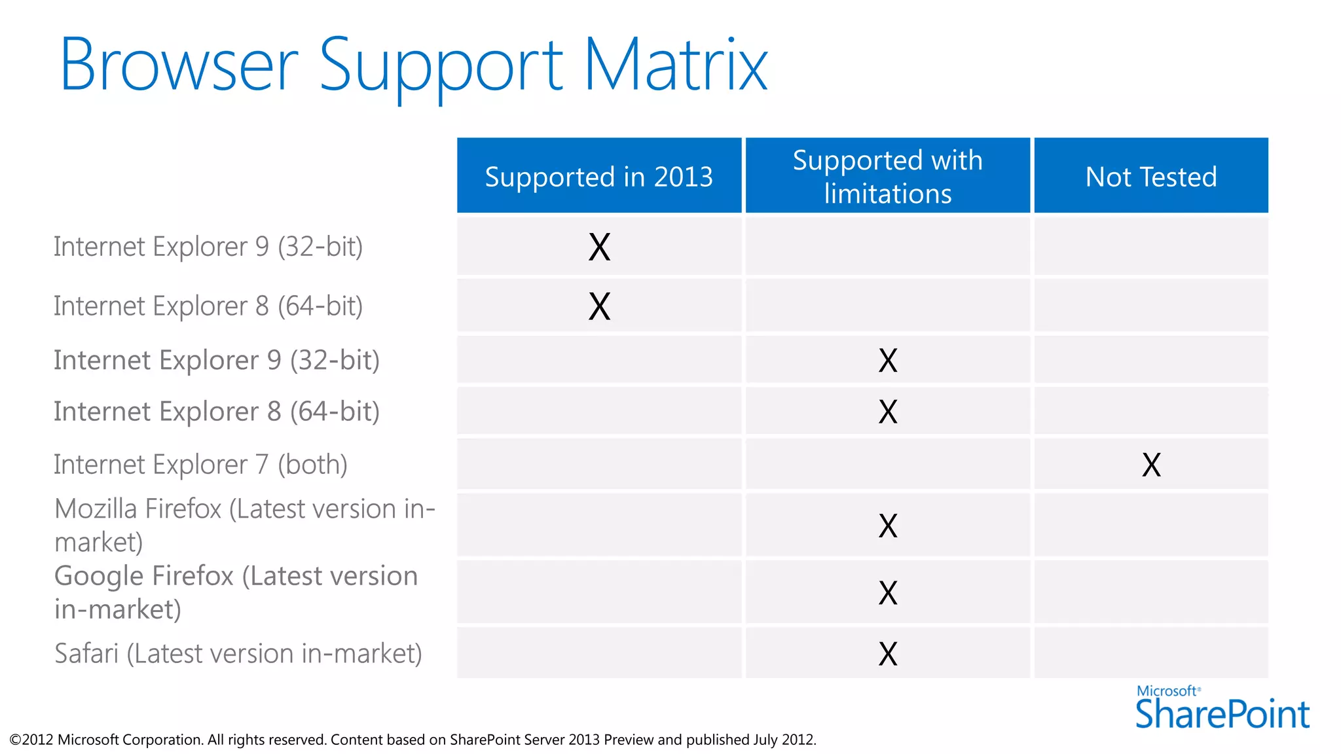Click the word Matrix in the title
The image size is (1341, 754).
676,65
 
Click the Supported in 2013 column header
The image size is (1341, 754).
598,177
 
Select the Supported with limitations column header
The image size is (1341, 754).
887,177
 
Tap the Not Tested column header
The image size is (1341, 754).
1150,177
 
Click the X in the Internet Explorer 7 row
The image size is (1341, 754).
1151,465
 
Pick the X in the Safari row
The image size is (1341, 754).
888,653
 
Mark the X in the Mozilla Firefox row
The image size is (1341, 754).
888,526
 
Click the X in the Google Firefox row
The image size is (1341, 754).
888,593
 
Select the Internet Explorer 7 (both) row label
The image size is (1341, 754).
200,465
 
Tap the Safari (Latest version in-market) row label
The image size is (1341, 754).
238,653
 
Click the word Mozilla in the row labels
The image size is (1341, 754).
96,509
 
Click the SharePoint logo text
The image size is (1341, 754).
1222,714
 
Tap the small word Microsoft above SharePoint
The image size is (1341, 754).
1167,691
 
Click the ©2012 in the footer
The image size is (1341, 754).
31,740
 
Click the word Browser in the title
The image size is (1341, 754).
179,65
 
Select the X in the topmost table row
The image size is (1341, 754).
599,247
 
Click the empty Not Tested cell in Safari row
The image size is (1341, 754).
1150,653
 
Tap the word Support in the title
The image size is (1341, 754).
440,65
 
